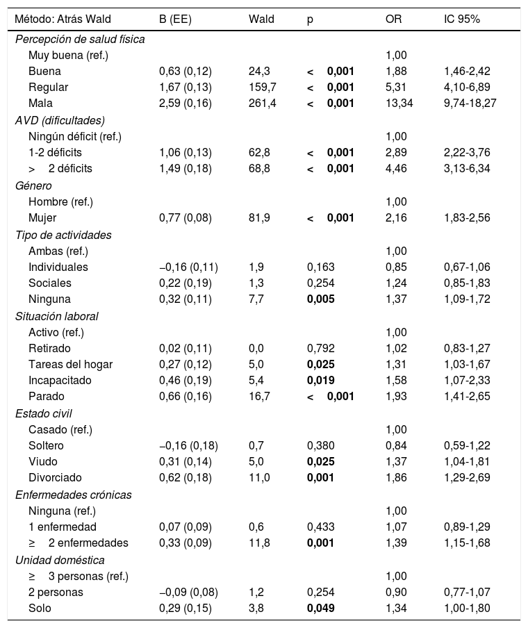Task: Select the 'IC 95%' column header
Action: pos(461,19)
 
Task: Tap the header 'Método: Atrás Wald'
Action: pos(60,19)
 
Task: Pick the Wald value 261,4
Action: pos(263,104)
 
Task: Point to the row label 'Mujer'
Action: pos(42,218)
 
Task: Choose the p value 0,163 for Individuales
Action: pos(320,267)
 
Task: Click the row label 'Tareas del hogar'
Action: pos(70,365)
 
